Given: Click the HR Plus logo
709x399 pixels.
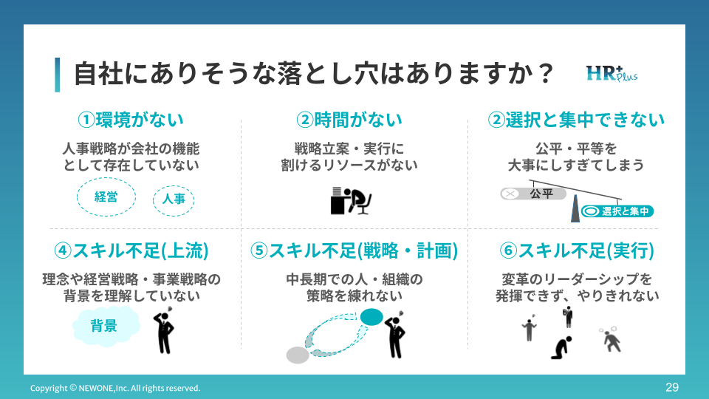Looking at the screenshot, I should point(612,74).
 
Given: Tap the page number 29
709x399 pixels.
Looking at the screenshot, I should point(671,387).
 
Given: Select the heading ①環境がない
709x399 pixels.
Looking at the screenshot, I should point(131,119).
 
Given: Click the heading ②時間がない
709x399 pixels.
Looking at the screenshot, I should point(349,119).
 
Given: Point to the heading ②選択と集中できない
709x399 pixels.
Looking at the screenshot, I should point(576,119).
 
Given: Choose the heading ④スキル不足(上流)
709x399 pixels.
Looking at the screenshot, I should point(131,250).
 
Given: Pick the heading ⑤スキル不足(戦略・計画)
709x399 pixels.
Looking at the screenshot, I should point(354,250).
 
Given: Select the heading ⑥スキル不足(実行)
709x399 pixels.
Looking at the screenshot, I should point(577,250).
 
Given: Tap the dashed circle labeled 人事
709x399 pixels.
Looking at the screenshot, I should point(174,199).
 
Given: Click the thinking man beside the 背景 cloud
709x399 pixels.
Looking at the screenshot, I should point(165,332).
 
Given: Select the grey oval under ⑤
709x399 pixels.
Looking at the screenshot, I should point(298,355).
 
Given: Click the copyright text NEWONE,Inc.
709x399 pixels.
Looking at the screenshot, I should point(114,388).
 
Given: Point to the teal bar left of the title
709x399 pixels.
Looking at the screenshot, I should point(58,75).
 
